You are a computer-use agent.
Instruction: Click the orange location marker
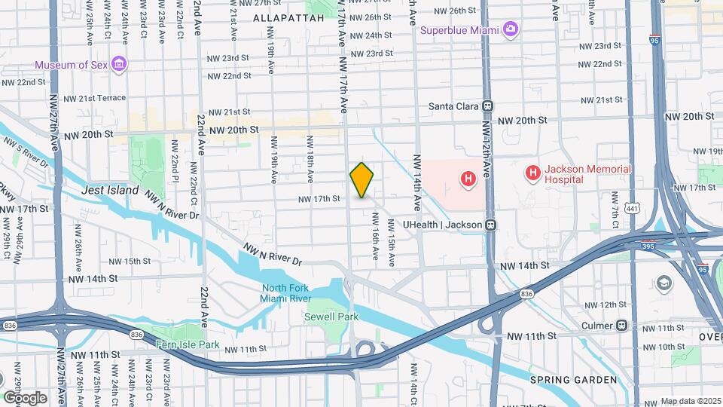pyautogui.click(x=361, y=180)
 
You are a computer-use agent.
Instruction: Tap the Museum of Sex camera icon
pyautogui.click(x=119, y=63)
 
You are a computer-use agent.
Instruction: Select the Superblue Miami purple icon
pyautogui.click(x=511, y=29)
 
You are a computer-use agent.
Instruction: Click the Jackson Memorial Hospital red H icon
pyautogui.click(x=533, y=174)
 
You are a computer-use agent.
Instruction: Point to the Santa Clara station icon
pyautogui.click(x=488, y=106)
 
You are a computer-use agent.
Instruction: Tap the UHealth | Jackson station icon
pyautogui.click(x=490, y=225)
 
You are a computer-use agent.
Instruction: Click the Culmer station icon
pyautogui.click(x=621, y=326)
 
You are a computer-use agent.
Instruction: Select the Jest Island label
pyautogui.click(x=110, y=190)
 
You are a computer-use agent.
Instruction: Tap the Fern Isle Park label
pyautogui.click(x=187, y=344)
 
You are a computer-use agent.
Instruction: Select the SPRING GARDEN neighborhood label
pyautogui.click(x=573, y=379)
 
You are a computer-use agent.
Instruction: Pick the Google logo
pyautogui.click(x=25, y=397)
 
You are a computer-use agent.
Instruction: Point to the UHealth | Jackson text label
pyautogui.click(x=443, y=225)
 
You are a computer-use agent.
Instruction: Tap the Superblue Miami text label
pyautogui.click(x=460, y=30)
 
